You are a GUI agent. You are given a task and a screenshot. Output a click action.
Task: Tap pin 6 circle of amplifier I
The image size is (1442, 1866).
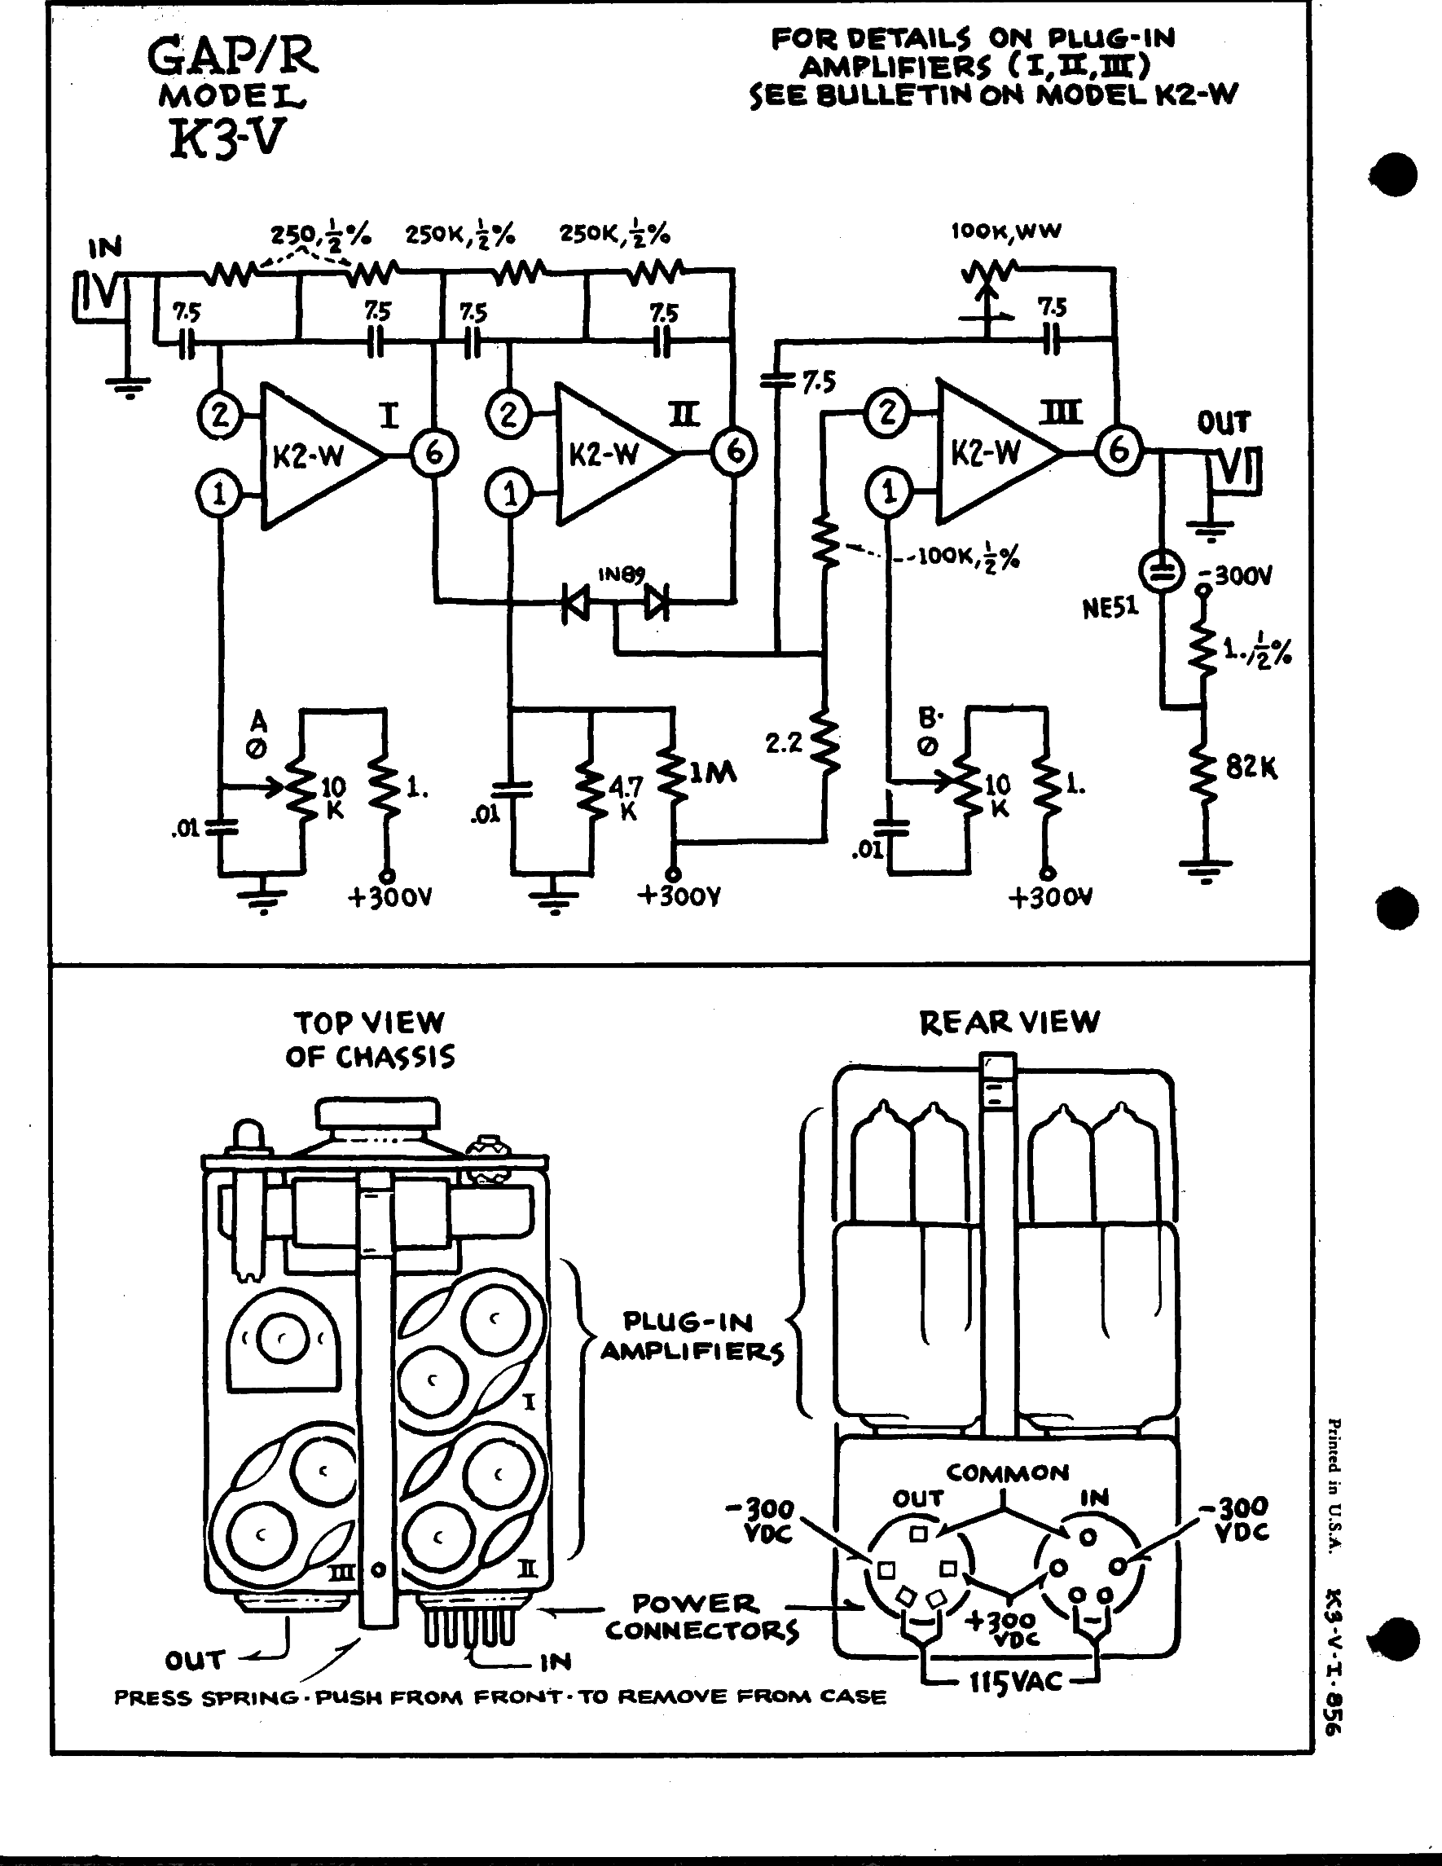click(x=434, y=453)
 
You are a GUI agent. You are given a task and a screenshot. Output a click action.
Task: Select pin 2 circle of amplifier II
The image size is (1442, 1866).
click(x=508, y=415)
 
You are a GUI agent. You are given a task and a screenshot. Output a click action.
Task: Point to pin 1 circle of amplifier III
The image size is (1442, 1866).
click(x=889, y=493)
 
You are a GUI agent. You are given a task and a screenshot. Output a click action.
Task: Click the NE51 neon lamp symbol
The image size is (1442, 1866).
click(x=1161, y=570)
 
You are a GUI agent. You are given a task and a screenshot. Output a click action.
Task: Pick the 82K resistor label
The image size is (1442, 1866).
click(x=1251, y=768)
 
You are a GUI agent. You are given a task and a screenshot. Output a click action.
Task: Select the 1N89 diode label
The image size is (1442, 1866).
click(x=621, y=574)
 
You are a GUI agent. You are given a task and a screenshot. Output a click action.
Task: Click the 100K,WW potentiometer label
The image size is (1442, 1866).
click(x=1006, y=231)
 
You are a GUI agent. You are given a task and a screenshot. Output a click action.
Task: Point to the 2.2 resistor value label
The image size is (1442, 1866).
click(x=784, y=742)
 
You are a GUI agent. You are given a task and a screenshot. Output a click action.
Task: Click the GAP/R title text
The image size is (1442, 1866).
click(x=232, y=57)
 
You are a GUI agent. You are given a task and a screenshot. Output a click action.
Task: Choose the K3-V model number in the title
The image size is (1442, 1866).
click(x=226, y=139)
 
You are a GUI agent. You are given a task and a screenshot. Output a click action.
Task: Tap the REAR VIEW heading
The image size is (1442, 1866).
click(x=1009, y=1022)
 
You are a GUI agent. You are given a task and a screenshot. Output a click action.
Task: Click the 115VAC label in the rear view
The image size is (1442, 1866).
click(x=1015, y=1682)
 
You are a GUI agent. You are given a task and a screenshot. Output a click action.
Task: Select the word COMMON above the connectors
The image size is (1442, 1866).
click(x=1007, y=1473)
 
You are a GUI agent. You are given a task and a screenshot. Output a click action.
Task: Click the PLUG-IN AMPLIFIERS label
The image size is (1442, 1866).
click(x=691, y=1337)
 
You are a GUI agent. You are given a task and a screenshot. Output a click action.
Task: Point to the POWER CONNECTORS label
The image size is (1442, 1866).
click(x=701, y=1617)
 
